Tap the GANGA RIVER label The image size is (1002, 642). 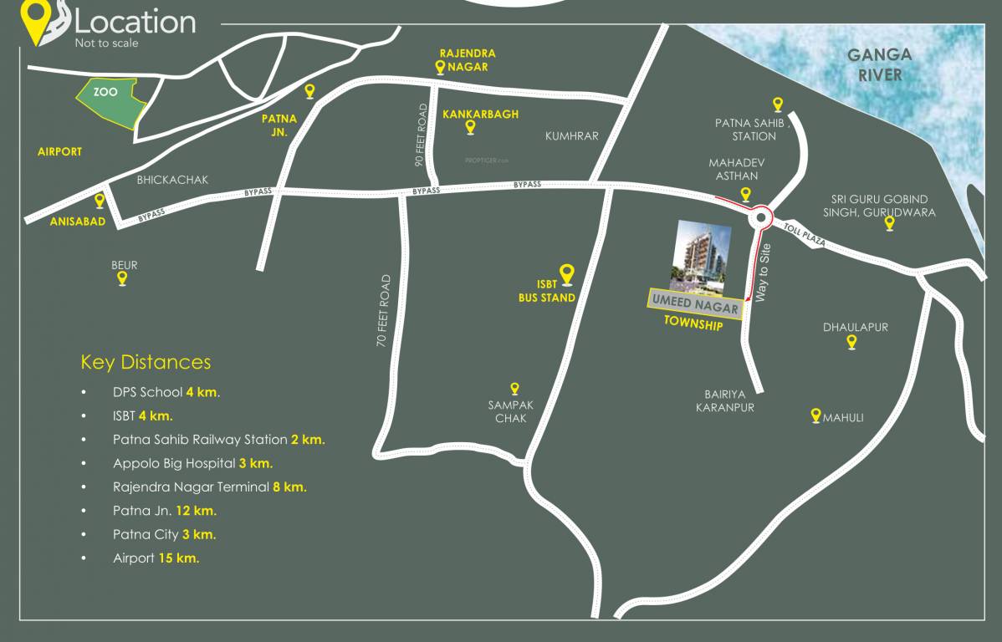(x=879, y=65)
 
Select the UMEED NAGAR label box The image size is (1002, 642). (x=695, y=306)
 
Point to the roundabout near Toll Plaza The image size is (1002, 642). (x=760, y=217)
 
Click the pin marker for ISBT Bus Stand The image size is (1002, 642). (x=566, y=273)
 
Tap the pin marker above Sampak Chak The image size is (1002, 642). (x=515, y=389)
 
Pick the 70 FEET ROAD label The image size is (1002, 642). (x=385, y=311)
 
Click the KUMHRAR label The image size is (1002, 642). (x=572, y=135)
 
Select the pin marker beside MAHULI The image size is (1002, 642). (x=815, y=415)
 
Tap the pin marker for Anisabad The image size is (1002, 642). (x=100, y=201)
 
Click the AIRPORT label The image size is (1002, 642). (x=59, y=152)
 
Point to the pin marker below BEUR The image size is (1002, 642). (x=122, y=278)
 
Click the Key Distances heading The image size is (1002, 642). (x=146, y=362)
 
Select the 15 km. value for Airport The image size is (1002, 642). (x=178, y=558)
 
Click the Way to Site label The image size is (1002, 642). (x=761, y=277)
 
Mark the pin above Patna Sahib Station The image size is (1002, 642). (x=778, y=104)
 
